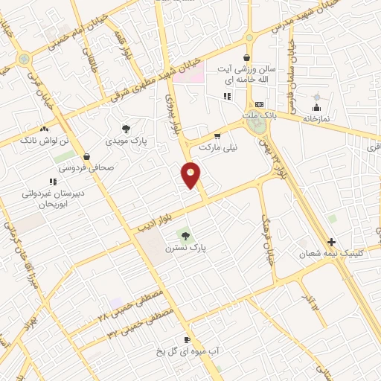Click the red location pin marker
pyautogui.click(x=191, y=174)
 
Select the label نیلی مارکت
pyautogui.click(x=223, y=148)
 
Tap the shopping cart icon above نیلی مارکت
pyautogui.click(x=217, y=136)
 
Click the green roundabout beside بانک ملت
pyautogui.click(x=257, y=128)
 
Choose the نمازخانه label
pyautogui.click(x=316, y=118)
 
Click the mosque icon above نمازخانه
pyautogui.click(x=316, y=97)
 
